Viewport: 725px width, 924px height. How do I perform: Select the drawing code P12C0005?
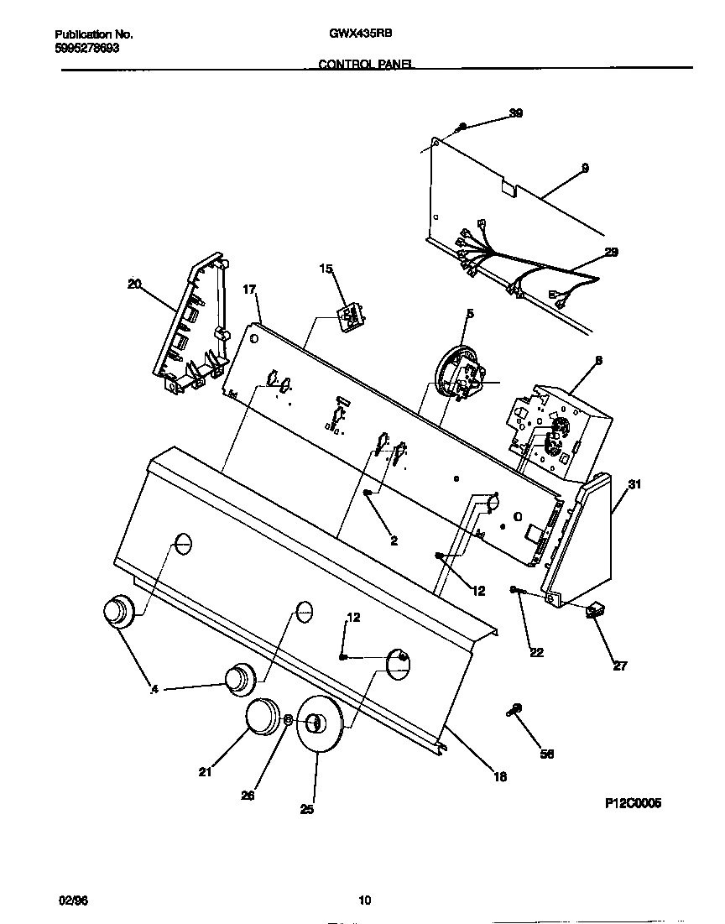[634, 803]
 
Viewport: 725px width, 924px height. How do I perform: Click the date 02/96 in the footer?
[73, 901]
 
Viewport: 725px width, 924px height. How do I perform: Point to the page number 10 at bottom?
[364, 901]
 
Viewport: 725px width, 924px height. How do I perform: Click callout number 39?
[516, 113]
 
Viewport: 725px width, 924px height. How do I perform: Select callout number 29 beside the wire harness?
[611, 252]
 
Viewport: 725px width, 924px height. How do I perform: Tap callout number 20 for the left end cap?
[134, 284]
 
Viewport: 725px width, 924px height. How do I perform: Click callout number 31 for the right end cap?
[634, 484]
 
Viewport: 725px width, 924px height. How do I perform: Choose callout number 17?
[248, 290]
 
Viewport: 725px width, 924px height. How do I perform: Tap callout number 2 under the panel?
[394, 541]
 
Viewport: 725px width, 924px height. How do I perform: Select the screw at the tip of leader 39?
[461, 128]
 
